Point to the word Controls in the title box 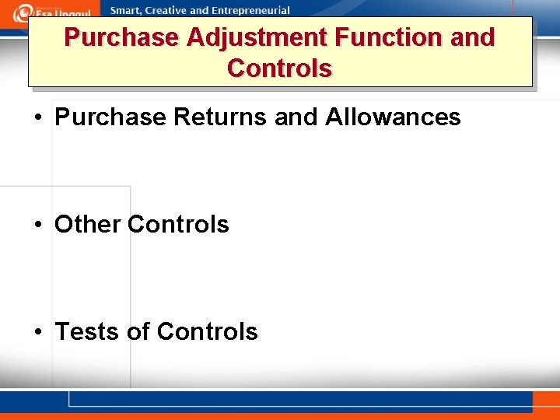point(280,68)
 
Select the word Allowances point(393,117)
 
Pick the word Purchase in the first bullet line point(110,117)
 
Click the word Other point(88,224)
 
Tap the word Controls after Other point(178,224)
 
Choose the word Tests point(86,331)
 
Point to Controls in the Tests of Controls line point(207,331)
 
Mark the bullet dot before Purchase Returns point(38,119)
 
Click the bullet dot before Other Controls point(38,226)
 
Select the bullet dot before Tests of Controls point(38,333)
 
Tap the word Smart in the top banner point(127,11)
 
